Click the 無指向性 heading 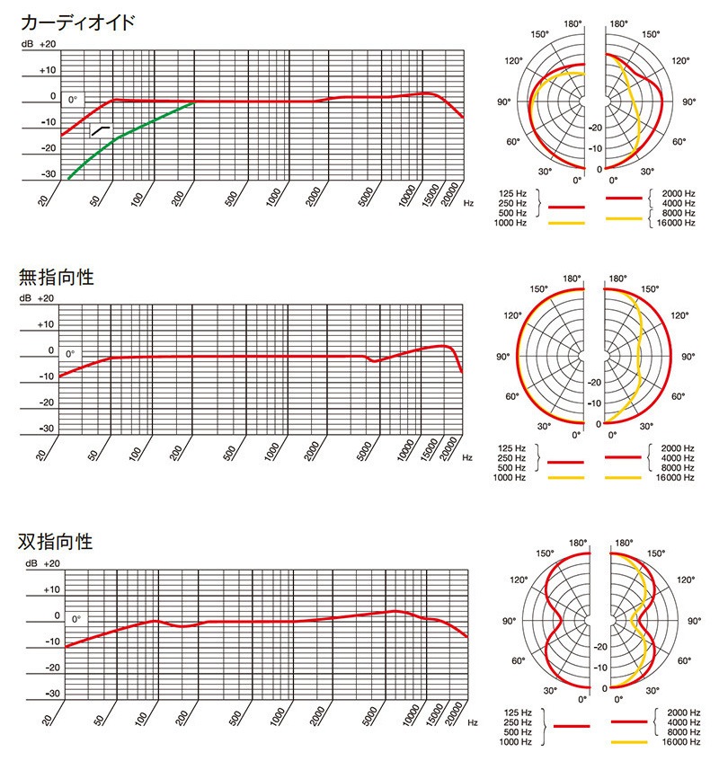pyautogui.click(x=56, y=276)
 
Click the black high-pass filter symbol pyautogui.click(x=101, y=131)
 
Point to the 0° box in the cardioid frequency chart pyautogui.click(x=73, y=100)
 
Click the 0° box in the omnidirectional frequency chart pyautogui.click(x=70, y=354)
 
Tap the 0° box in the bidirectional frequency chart pyautogui.click(x=76, y=619)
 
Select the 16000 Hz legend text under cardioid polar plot pyautogui.click(x=677, y=222)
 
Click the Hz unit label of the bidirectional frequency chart pyautogui.click(x=472, y=722)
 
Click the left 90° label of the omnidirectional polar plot pyautogui.click(x=508, y=357)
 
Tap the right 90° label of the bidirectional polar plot pyautogui.click(x=694, y=620)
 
